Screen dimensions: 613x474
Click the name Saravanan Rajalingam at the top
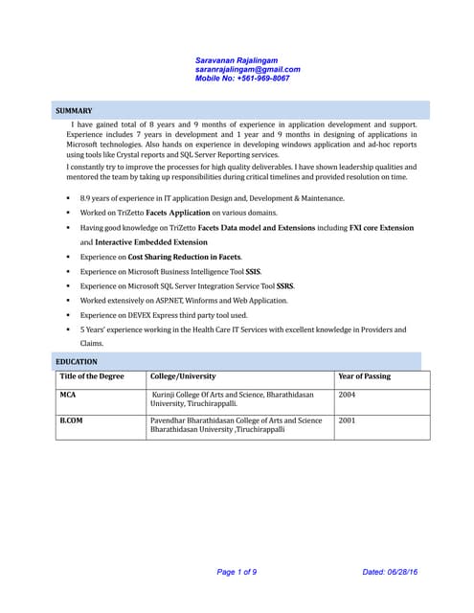coord(237,59)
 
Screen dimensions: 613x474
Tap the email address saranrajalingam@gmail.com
coord(247,69)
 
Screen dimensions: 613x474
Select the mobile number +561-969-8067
coord(242,79)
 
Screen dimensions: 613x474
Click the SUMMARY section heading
coord(74,111)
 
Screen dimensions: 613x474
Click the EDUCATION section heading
coord(77,361)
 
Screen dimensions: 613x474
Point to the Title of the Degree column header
coord(92,376)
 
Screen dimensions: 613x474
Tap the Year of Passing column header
coord(365,376)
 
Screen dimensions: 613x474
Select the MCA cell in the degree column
coord(68,394)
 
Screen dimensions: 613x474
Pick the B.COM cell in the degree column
coord(71,420)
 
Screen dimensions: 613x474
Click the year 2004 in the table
coord(347,394)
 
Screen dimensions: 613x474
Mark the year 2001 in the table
coord(347,420)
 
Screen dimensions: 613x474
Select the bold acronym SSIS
coord(253,271)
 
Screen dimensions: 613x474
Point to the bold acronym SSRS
coord(285,285)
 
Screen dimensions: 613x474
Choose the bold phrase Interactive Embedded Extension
coord(145,242)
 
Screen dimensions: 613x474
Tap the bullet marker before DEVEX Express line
coord(68,315)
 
